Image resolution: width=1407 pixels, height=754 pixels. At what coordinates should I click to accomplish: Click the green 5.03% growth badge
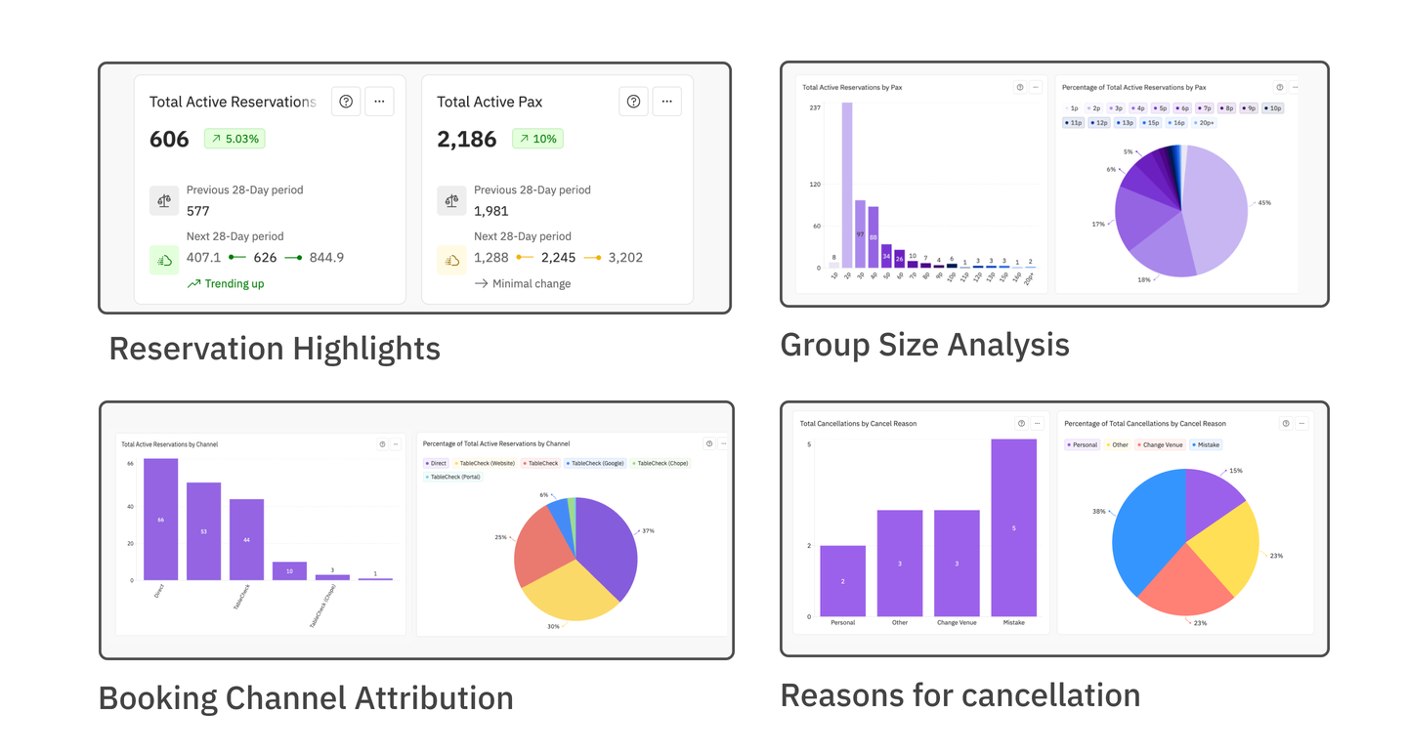point(234,139)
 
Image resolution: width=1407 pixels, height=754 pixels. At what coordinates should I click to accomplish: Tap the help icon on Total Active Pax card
point(633,102)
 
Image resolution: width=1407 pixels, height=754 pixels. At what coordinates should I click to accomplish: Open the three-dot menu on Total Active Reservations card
point(379,102)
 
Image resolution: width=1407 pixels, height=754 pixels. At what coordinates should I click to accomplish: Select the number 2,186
point(467,140)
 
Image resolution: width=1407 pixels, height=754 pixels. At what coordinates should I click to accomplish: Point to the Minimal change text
point(532,284)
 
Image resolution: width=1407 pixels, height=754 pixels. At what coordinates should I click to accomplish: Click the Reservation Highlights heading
point(275,349)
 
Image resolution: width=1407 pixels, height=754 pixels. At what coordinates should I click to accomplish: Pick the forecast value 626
point(265,258)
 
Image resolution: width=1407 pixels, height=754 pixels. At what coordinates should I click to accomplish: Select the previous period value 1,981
point(492,211)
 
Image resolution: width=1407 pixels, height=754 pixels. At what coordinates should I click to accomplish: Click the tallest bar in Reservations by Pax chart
point(847,186)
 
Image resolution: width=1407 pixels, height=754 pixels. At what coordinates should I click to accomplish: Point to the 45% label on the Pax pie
point(1264,203)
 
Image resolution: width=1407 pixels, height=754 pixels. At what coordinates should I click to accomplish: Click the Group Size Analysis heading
point(924,345)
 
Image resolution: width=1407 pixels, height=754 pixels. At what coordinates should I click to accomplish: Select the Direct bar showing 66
point(160,520)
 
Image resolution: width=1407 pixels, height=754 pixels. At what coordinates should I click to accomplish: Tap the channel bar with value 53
point(203,531)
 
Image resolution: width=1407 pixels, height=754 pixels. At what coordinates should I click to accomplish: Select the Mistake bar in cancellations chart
point(1013,527)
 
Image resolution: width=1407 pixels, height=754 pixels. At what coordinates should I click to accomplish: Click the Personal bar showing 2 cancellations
point(842,581)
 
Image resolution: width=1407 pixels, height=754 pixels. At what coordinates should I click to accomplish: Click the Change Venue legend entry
point(1160,445)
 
